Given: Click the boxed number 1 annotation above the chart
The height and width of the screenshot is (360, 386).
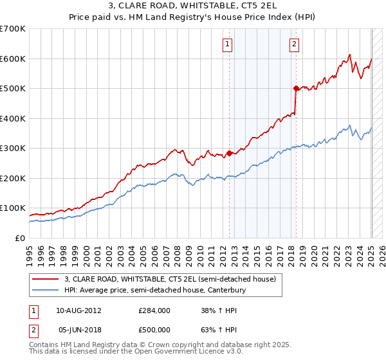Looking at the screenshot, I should [228, 44].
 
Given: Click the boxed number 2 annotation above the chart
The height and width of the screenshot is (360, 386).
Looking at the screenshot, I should [294, 44].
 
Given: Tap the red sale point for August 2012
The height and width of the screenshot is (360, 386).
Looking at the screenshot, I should [229, 153].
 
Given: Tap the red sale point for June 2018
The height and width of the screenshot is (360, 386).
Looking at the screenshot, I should [296, 88].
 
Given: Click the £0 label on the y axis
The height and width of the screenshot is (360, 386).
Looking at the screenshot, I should [20, 238].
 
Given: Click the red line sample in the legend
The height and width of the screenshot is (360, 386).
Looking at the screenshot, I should [45, 279].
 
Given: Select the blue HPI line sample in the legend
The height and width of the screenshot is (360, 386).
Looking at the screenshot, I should [45, 290].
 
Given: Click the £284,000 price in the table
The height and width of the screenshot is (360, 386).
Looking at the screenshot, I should [154, 310].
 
